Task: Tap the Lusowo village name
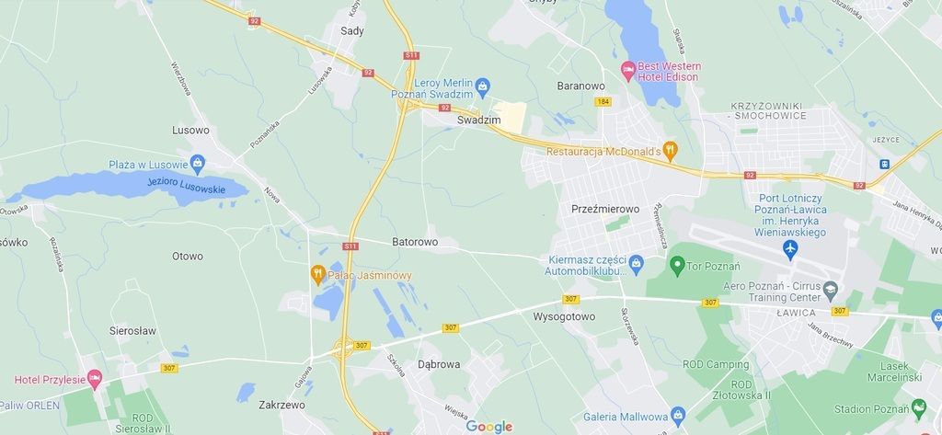(x=190, y=131)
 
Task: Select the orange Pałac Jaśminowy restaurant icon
(x=317, y=274)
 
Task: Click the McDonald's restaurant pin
(x=671, y=150)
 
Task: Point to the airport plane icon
(x=790, y=248)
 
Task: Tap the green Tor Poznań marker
(x=677, y=267)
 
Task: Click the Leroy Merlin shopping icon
(x=483, y=86)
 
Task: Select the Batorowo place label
(x=415, y=243)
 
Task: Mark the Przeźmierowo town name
(x=604, y=209)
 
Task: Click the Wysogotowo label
(x=564, y=316)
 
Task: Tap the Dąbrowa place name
(x=439, y=364)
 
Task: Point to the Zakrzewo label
(x=281, y=404)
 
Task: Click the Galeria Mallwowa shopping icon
(x=678, y=416)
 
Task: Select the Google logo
(x=488, y=426)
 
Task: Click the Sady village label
(x=352, y=30)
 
